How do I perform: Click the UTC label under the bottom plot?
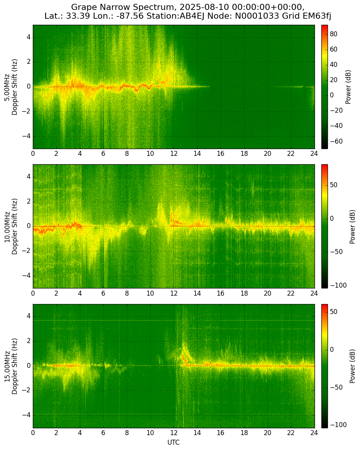click(174, 442)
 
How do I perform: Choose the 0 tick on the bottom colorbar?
click(332, 350)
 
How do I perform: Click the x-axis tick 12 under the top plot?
click(174, 154)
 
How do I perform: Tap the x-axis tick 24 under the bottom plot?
click(315, 432)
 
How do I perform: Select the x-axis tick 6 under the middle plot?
click(103, 293)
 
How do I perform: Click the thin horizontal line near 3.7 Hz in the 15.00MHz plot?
click(174, 320)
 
